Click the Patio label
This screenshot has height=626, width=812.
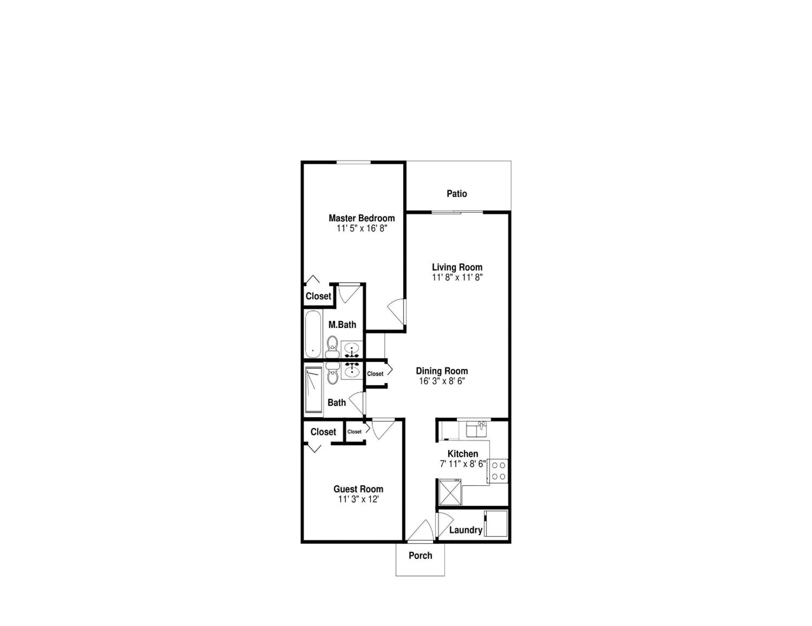456,194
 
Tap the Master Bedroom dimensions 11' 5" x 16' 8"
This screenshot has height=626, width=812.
362,228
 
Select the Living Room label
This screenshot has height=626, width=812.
457,267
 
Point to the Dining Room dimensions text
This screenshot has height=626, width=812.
442,381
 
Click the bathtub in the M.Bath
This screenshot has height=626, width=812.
313,334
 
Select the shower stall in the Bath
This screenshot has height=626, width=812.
313,390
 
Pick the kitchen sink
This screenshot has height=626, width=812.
476,429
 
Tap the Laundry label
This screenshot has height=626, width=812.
465,530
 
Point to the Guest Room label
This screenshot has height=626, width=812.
358,489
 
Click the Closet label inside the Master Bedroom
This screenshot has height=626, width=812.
318,296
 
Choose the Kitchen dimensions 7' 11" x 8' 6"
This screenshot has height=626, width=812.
463,464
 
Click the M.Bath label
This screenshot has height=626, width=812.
342,325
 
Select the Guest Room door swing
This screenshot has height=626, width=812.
382,428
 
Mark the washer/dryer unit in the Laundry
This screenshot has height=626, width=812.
496,524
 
